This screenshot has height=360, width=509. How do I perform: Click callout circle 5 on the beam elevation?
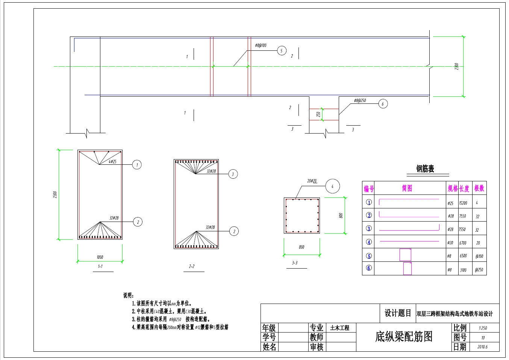pyautogui.click(x=282, y=51)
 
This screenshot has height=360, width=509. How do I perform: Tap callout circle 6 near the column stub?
pyautogui.click(x=383, y=104)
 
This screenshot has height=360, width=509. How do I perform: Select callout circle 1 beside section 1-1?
pyautogui.click(x=137, y=165)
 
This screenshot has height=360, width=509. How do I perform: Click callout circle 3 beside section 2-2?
pyautogui.click(x=233, y=174)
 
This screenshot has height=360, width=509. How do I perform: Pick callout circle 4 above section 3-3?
pyautogui.click(x=332, y=186)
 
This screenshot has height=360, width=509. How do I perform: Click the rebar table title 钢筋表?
pyautogui.click(x=425, y=169)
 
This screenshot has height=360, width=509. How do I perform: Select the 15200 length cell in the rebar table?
pyautogui.click(x=463, y=203)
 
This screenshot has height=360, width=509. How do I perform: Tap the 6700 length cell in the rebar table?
pyautogui.click(x=463, y=243)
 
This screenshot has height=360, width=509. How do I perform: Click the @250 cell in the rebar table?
pyautogui.click(x=479, y=270)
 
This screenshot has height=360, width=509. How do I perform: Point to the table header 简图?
pyautogui.click(x=407, y=188)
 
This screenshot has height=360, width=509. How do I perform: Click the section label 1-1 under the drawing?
pyautogui.click(x=100, y=266)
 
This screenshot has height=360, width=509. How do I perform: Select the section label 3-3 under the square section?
pyautogui.click(x=295, y=263)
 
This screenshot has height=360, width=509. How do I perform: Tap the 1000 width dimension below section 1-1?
pyautogui.click(x=100, y=257)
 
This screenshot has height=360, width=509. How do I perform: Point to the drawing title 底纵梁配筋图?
pyautogui.click(x=404, y=337)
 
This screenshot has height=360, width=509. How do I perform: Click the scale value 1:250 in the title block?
pyautogui.click(x=483, y=328)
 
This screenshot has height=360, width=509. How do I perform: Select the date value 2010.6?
pyautogui.click(x=483, y=347)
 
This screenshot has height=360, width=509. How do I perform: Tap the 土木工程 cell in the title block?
pyautogui.click(x=340, y=328)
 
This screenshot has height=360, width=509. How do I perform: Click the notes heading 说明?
pyautogui.click(x=129, y=296)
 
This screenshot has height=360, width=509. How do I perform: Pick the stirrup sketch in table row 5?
pyautogui.click(x=405, y=255)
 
